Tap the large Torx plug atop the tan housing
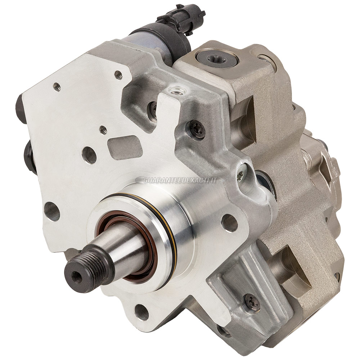217,58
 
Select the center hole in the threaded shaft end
77,275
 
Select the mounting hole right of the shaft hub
229,223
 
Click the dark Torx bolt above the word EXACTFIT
197,129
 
